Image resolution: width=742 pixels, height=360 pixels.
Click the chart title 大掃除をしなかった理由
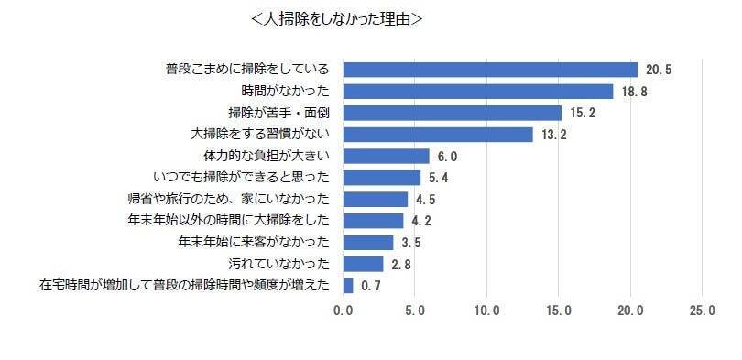click(336, 19)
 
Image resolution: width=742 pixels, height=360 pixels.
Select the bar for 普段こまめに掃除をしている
click(490, 70)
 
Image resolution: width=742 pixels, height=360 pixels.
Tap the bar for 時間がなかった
click(478, 91)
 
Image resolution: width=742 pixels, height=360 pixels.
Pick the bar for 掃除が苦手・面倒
click(453, 113)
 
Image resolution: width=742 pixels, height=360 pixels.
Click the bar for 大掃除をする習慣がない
click(438, 135)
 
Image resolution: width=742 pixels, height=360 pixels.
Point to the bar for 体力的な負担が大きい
click(387, 156)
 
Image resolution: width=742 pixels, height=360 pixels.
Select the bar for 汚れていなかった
click(364, 264)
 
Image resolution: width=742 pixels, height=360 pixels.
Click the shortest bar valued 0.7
click(348, 286)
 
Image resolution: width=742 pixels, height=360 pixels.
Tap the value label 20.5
click(660, 70)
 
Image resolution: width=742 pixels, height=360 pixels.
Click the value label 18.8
click(635, 91)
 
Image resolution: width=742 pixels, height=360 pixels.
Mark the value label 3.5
click(412, 243)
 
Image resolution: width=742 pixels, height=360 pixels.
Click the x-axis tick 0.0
click(344, 312)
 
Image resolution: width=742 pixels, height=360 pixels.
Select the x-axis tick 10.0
click(486, 312)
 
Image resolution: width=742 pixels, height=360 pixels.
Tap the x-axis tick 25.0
click(703, 312)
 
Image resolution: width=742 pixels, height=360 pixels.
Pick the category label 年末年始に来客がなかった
click(254, 243)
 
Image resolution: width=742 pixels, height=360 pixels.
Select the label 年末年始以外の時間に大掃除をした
click(232, 221)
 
